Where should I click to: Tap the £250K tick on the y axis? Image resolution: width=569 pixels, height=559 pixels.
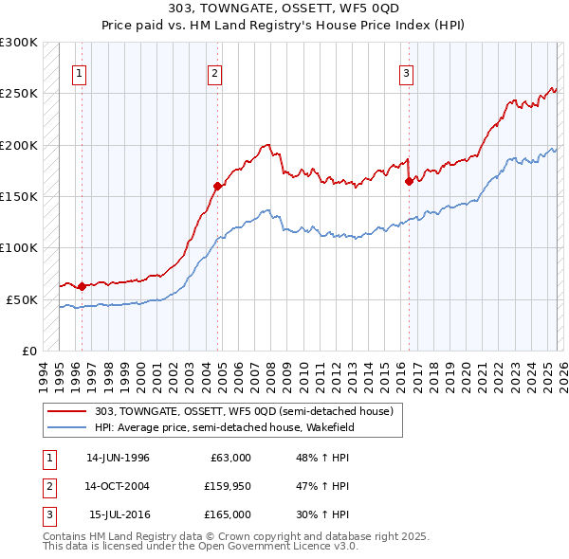click(19, 94)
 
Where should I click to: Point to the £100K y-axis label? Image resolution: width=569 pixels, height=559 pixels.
click(19, 247)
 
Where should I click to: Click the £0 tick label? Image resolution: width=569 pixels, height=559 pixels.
click(28, 350)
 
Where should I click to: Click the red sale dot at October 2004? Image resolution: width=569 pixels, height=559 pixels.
click(217, 187)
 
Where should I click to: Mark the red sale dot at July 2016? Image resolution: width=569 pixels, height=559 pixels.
click(409, 181)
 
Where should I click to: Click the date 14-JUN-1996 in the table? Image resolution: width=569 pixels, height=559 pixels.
click(118, 458)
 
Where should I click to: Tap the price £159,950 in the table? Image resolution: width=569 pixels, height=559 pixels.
click(227, 486)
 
